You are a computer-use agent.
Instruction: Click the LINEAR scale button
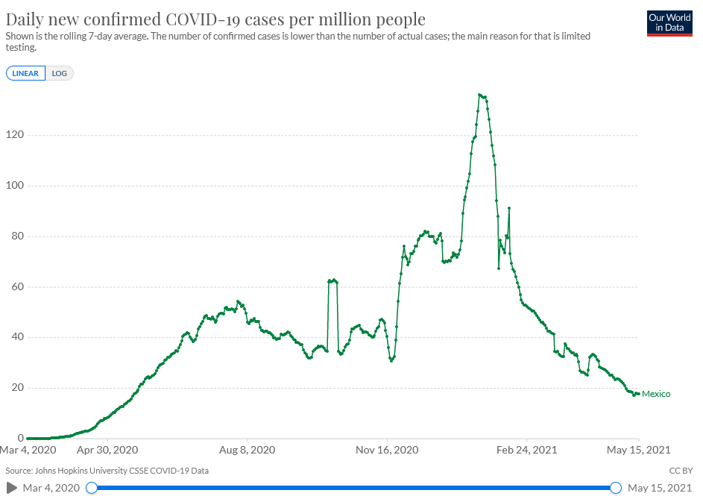click(26, 73)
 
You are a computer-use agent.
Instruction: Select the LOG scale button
click(60, 73)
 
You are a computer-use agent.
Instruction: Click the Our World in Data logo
click(669, 22)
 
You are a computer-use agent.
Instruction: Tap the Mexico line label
click(656, 394)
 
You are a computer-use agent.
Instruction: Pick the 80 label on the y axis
click(17, 236)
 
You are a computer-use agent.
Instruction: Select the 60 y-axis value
click(17, 287)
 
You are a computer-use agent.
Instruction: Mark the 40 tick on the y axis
click(17, 337)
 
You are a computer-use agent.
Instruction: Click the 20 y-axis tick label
click(17, 388)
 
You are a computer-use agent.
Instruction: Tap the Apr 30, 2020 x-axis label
click(107, 451)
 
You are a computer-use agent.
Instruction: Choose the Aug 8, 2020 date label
click(247, 451)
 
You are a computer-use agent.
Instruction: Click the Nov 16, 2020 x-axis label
click(388, 451)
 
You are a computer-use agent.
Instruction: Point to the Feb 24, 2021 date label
click(528, 451)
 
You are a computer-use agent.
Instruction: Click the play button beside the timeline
click(12, 488)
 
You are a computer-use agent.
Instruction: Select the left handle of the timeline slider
click(92, 488)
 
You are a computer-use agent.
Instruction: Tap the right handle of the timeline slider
click(616, 488)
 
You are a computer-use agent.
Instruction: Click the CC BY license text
click(681, 471)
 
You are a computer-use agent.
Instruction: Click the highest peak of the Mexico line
click(480, 95)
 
